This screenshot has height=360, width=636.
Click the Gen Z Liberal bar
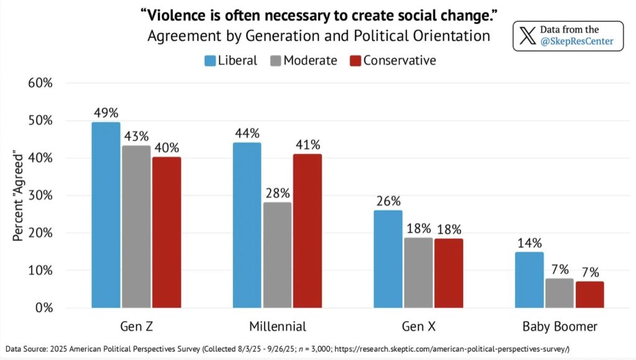(x=106, y=215)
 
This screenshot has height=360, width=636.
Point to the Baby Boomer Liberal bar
(x=529, y=280)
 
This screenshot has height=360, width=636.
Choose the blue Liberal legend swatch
(x=211, y=60)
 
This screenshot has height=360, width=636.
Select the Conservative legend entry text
(x=399, y=60)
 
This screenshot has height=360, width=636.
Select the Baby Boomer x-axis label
(x=559, y=326)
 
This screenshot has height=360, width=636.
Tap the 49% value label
(x=106, y=112)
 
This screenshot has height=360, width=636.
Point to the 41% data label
(x=307, y=145)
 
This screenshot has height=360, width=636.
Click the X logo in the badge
(x=527, y=35)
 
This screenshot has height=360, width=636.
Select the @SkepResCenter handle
(x=576, y=42)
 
